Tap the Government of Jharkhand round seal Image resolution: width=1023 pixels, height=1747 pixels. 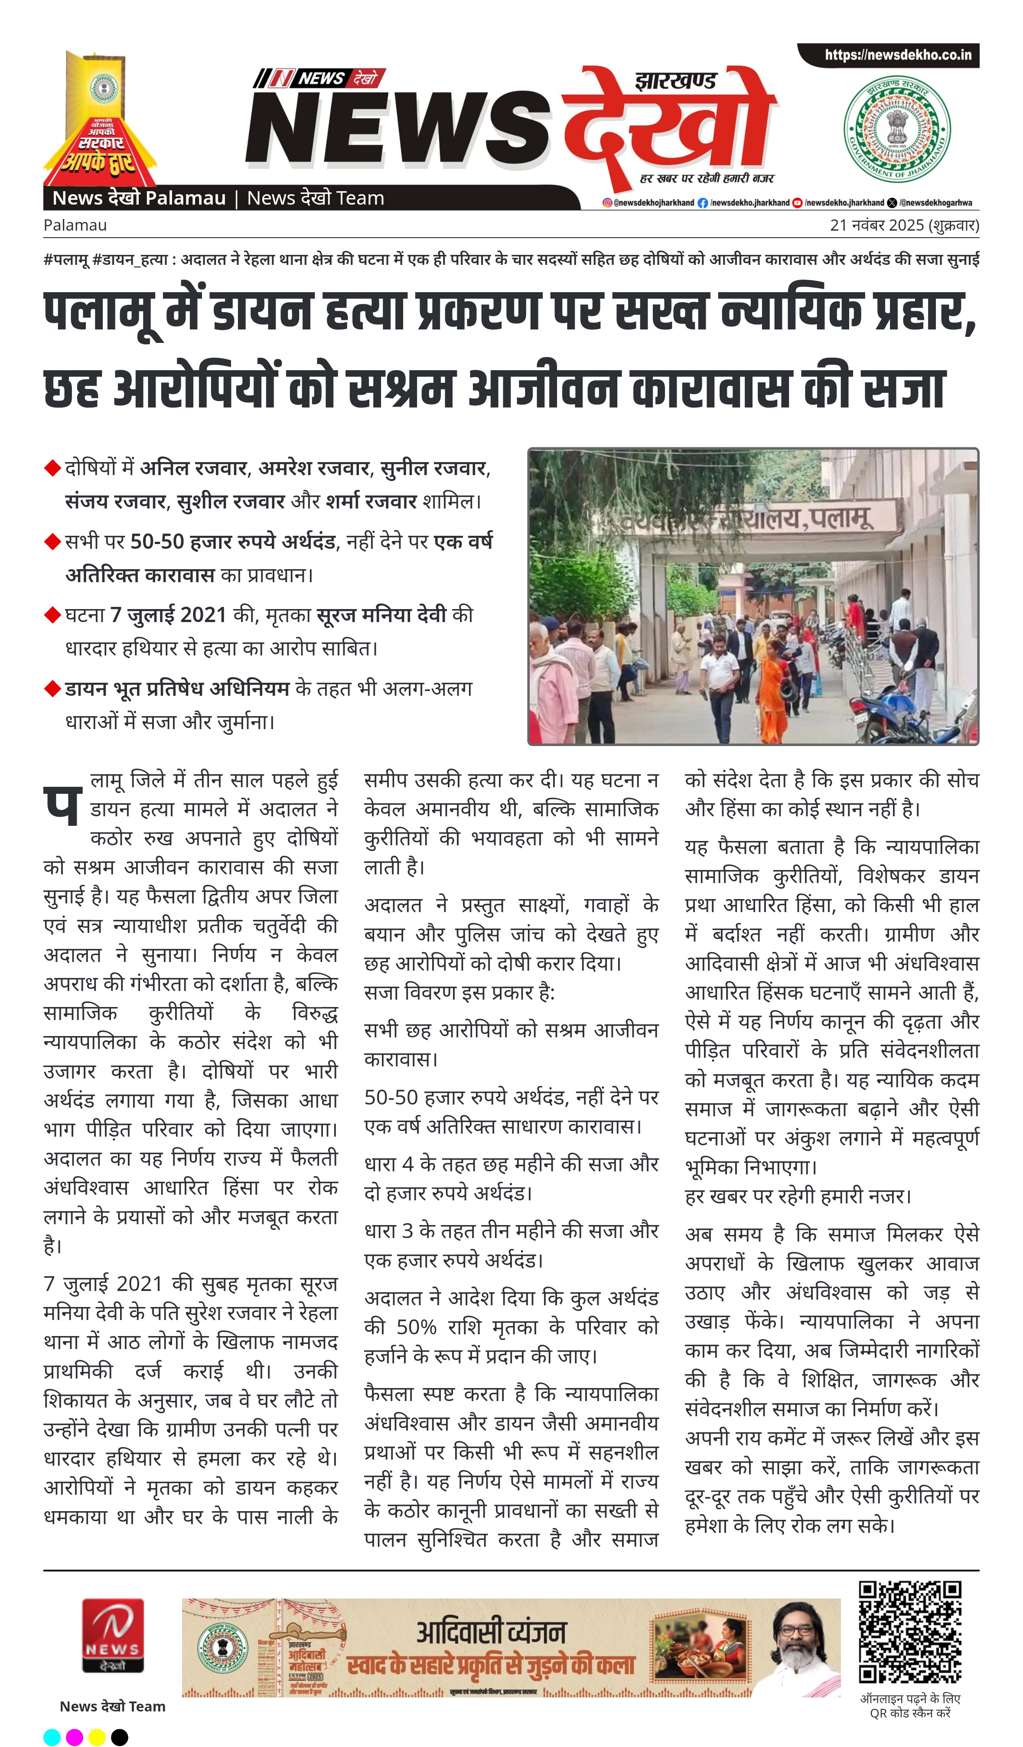coord(897,131)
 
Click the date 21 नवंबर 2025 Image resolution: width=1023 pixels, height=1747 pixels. coord(877,225)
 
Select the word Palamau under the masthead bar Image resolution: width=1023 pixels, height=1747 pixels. coord(75,225)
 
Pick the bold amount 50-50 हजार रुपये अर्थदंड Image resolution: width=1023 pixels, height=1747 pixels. coord(233,541)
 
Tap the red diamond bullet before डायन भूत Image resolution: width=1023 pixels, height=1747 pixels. coord(52,688)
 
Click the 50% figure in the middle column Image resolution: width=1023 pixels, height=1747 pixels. coord(416,1327)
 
